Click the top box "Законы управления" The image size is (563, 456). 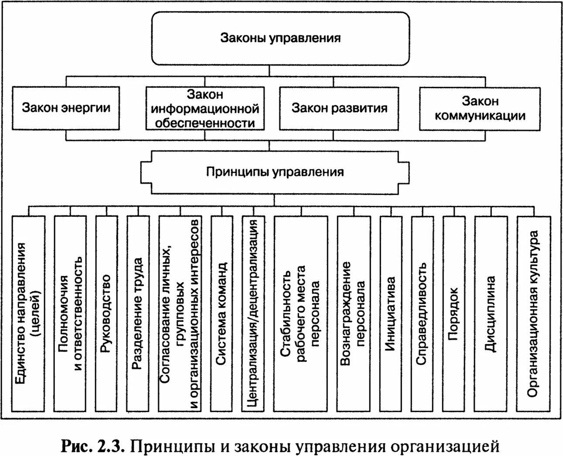(280, 38)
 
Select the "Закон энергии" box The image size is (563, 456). (66, 108)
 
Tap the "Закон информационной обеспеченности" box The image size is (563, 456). (205, 109)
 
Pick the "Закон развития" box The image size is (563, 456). (339, 108)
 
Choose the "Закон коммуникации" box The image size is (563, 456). (480, 109)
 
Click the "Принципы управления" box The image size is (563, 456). (275, 172)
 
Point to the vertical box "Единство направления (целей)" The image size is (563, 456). (29, 313)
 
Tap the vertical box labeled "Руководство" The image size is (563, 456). (106, 313)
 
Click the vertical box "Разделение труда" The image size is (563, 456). (137, 313)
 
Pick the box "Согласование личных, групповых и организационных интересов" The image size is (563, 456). (179, 313)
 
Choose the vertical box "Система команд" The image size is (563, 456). (222, 313)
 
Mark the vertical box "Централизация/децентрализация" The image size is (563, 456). (253, 313)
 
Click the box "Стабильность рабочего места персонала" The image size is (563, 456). (300, 313)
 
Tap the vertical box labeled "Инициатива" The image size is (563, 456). (391, 313)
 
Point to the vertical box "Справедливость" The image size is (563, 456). (422, 313)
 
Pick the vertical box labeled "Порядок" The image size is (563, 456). (454, 313)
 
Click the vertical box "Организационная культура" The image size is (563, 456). (532, 313)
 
